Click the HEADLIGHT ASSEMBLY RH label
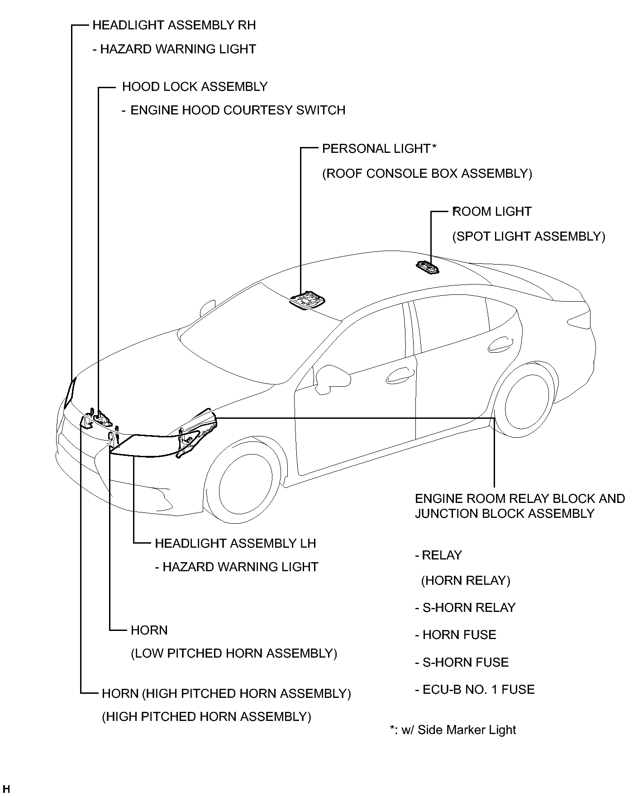pyautogui.click(x=174, y=25)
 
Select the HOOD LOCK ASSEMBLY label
pyautogui.click(x=195, y=87)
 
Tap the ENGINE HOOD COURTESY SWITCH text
pyautogui.click(x=238, y=110)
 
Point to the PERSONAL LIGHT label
pyautogui.click(x=376, y=149)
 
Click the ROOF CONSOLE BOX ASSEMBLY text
pyautogui.click(x=427, y=174)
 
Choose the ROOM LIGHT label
pyautogui.click(x=492, y=212)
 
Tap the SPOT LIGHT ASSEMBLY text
pyautogui.click(x=529, y=237)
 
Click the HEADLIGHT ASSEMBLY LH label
pyautogui.click(x=235, y=543)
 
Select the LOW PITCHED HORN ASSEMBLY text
pyautogui.click(x=234, y=654)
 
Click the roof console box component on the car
pyautogui.click(x=309, y=301)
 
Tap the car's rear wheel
pyautogui.click(x=526, y=398)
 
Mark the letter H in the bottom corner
pyautogui.click(x=6, y=790)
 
